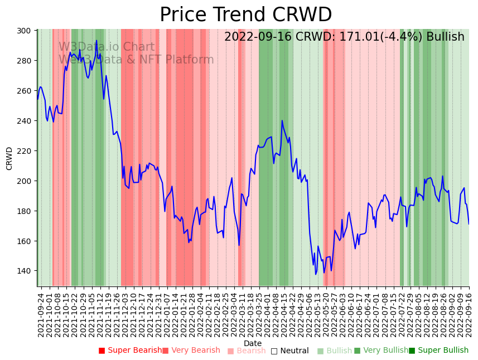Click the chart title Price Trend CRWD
245,15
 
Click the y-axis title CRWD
9,158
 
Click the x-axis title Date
253,343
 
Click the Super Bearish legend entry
130,351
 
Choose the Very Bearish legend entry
191,351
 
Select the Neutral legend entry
289,351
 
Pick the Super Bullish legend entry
438,351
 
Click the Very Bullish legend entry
381,351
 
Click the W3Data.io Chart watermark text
107,47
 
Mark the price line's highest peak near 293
96,41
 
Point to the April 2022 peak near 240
282,120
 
